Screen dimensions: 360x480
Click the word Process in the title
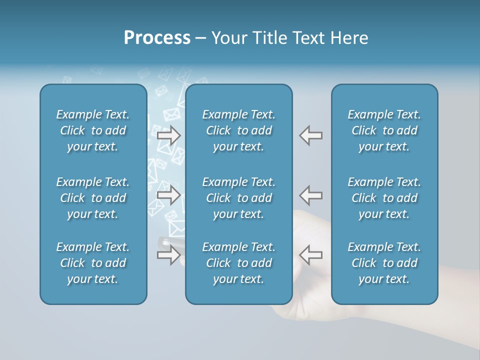pyautogui.click(x=157, y=38)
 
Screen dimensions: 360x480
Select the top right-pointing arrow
pyautogui.click(x=168, y=135)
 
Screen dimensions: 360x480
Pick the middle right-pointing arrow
pyautogui.click(x=168, y=195)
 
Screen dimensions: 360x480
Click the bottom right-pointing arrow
pyautogui.click(x=168, y=255)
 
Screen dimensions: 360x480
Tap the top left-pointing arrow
pyautogui.click(x=310, y=135)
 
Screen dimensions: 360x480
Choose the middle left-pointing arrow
pyautogui.click(x=310, y=195)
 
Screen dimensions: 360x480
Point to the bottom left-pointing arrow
pyautogui.click(x=310, y=255)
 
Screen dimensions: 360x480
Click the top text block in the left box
pyautogui.click(x=93, y=130)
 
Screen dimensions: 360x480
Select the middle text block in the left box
pyautogui.click(x=93, y=198)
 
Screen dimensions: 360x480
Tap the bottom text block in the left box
pyautogui.click(x=93, y=263)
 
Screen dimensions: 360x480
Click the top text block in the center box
pyautogui.click(x=239, y=130)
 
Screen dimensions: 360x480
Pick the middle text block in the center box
pyautogui.click(x=239, y=198)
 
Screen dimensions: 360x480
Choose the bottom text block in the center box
pyautogui.click(x=239, y=263)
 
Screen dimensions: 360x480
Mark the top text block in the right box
pyautogui.click(x=384, y=130)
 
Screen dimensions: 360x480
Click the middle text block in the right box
pyautogui.click(x=384, y=198)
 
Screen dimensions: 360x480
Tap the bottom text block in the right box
pyautogui.click(x=384, y=263)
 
